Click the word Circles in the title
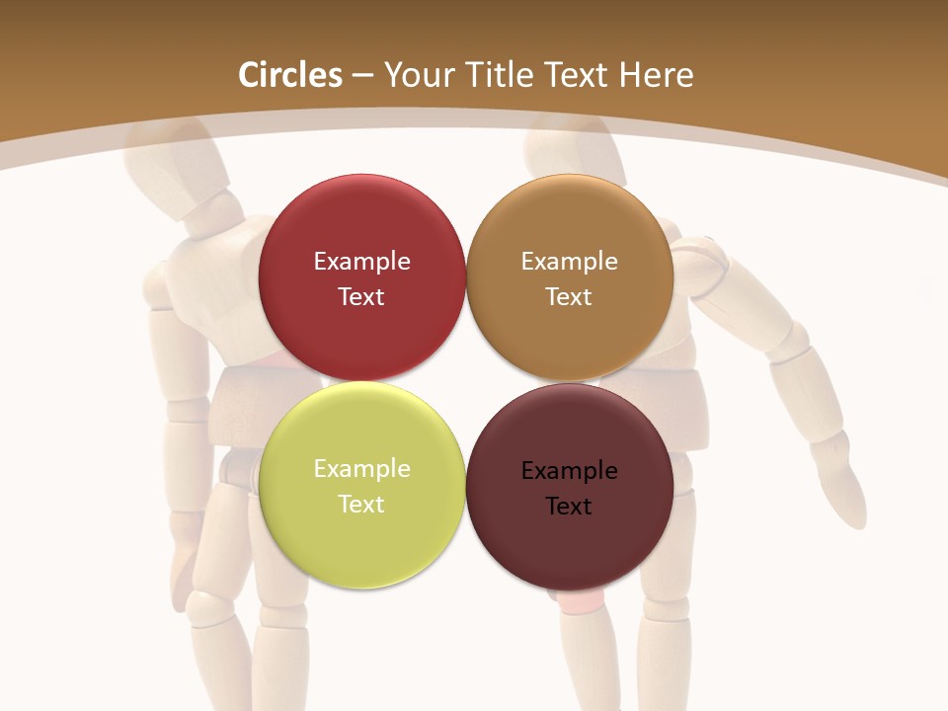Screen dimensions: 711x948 click(290, 75)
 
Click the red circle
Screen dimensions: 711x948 click(361, 277)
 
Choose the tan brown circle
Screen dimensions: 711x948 click(569, 277)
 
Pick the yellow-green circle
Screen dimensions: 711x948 click(361, 485)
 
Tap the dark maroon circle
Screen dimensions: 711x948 click(569, 487)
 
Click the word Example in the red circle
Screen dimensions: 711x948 click(361, 261)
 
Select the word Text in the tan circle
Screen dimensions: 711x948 click(569, 296)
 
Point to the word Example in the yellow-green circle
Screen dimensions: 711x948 click(361, 468)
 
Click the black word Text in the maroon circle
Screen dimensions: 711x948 click(569, 506)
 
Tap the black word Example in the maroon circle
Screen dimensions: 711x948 click(569, 470)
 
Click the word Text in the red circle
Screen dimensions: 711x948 click(361, 296)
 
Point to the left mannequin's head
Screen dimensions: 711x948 click(183, 163)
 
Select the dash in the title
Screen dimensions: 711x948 click(362, 76)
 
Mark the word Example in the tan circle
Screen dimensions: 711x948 click(569, 261)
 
